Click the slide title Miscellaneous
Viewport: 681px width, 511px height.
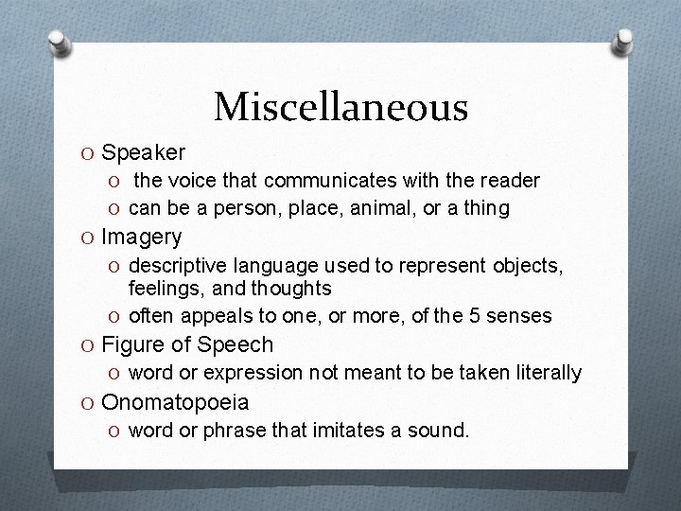click(340, 107)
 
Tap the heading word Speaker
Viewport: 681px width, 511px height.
click(143, 152)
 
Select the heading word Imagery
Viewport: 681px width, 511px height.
click(141, 237)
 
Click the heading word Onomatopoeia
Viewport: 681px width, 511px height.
click(175, 402)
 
